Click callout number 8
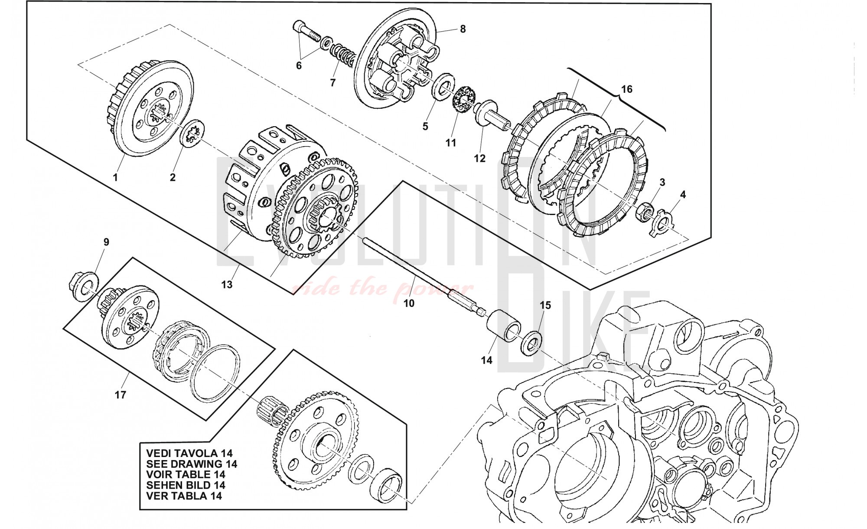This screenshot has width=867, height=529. click(463, 29)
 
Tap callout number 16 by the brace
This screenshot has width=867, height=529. click(626, 89)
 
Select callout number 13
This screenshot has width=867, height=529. click(227, 284)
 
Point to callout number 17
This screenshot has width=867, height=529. click(121, 395)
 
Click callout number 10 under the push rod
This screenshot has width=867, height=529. click(409, 303)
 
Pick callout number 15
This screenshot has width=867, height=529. click(545, 305)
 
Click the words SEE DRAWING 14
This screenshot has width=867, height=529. click(192, 464)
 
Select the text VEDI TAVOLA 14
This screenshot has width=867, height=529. click(189, 454)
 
